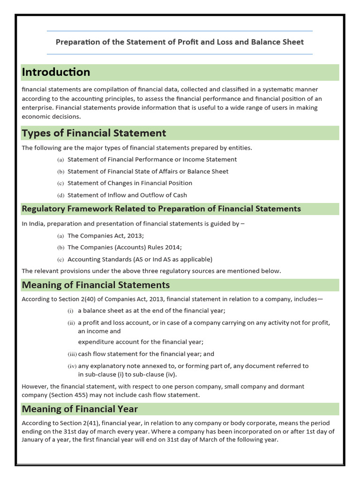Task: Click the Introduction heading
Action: pos(56,72)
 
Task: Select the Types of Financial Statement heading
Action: pos(94,133)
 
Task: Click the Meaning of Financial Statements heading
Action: pos(96,285)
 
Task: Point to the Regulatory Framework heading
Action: pos(161,209)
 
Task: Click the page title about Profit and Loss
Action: pos(180,42)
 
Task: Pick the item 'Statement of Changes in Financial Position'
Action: pos(130,183)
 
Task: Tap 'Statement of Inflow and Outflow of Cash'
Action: pos(127,195)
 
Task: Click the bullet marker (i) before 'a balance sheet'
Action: pos(71,311)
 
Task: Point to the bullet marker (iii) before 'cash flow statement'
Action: pos(72,354)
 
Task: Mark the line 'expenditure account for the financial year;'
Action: pos(141,342)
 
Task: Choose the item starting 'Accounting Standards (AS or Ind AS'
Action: pos(140,259)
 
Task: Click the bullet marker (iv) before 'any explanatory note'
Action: pos(72,366)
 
